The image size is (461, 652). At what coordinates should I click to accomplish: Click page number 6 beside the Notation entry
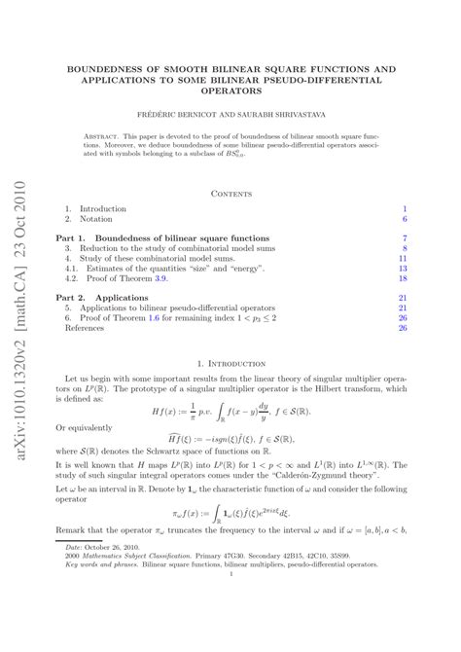[x=403, y=220]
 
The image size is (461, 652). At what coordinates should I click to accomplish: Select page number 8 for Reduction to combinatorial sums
[x=403, y=249]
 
